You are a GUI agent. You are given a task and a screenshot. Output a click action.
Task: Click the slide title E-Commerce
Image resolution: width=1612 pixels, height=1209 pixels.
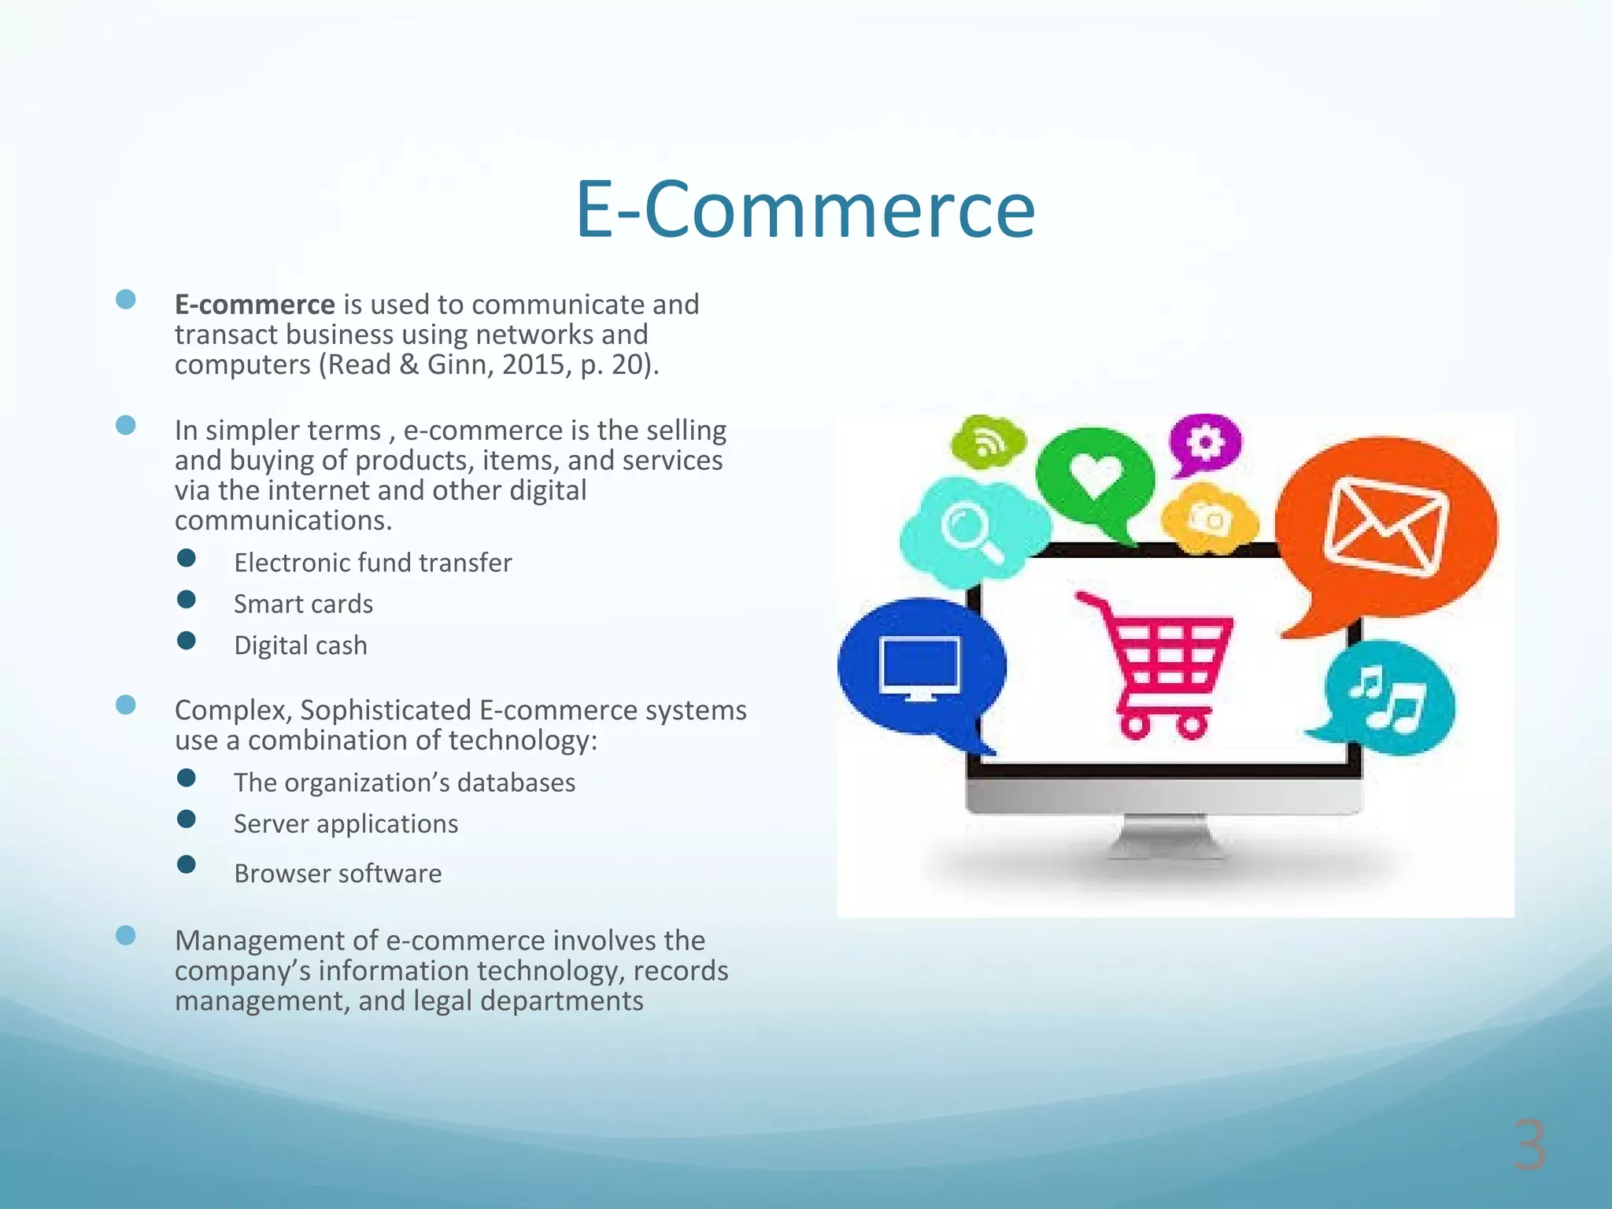(x=805, y=209)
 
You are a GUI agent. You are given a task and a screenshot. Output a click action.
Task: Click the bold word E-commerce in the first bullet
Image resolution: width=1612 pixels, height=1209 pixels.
(x=255, y=305)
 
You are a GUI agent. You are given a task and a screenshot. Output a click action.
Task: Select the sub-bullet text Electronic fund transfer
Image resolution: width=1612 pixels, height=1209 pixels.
(x=372, y=563)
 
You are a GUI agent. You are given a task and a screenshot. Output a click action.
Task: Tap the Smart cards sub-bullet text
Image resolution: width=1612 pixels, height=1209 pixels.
(x=303, y=604)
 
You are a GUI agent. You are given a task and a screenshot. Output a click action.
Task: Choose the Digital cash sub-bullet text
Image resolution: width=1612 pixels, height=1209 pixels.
(x=300, y=645)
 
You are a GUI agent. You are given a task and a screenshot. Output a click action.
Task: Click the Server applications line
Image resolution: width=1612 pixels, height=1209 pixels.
(x=346, y=824)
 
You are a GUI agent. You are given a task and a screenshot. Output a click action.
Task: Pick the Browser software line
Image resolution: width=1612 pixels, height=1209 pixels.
(x=338, y=874)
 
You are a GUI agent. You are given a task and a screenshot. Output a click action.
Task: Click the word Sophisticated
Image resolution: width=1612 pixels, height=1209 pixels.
(x=386, y=710)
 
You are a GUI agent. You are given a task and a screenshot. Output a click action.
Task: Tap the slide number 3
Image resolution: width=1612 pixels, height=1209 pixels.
(x=1529, y=1146)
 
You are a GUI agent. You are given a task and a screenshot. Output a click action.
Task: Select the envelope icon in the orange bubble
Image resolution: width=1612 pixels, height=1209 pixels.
(x=1385, y=526)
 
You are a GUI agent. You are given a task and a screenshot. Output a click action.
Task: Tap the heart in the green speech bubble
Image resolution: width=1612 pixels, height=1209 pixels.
(x=1095, y=474)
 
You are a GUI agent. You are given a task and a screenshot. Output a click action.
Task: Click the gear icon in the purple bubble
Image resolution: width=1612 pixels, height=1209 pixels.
(x=1204, y=442)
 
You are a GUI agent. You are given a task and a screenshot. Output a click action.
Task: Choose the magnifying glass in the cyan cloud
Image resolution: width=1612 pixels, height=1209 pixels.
(x=971, y=531)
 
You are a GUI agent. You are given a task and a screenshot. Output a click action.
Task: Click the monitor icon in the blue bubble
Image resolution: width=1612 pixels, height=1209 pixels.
(x=919, y=667)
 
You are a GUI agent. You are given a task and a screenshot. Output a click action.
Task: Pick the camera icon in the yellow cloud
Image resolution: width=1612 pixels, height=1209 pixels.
(x=1207, y=519)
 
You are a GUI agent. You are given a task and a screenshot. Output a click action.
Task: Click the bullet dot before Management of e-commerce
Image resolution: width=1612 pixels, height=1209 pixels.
(x=126, y=935)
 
